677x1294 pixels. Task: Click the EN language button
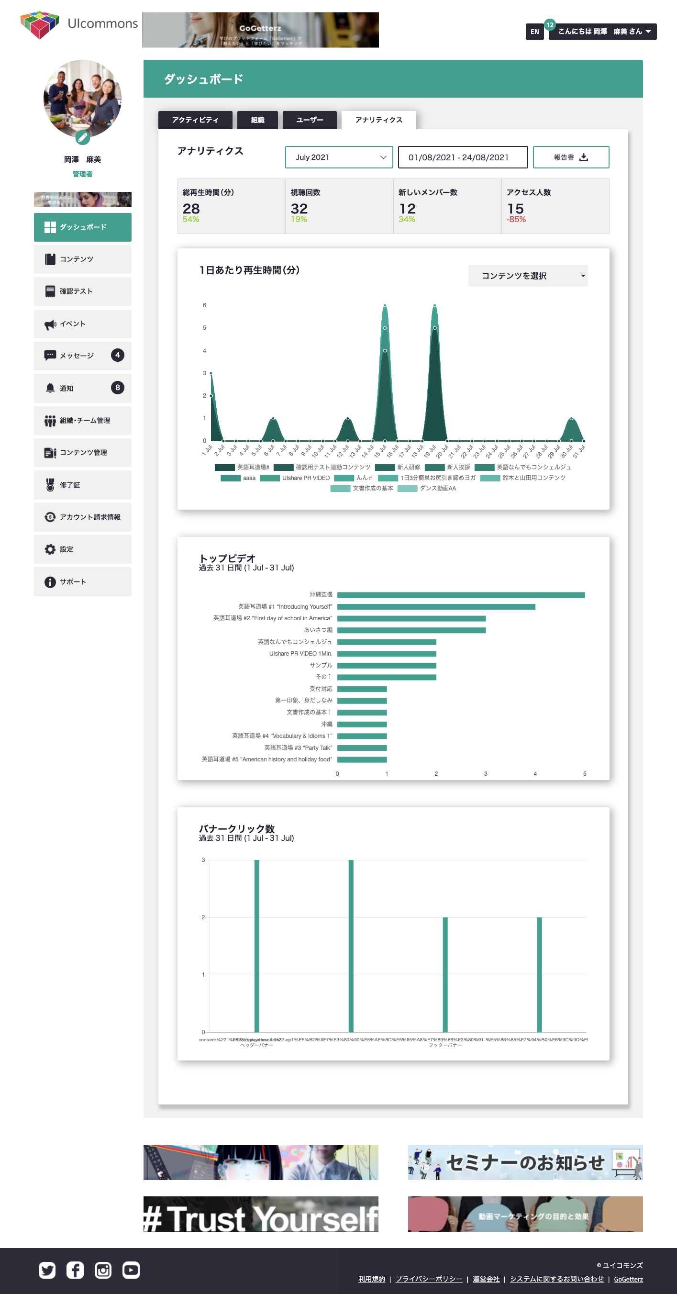click(534, 32)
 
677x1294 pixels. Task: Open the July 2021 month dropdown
click(339, 157)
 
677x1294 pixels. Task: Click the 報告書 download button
click(570, 157)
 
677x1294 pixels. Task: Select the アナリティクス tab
click(378, 120)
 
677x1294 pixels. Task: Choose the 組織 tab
click(257, 120)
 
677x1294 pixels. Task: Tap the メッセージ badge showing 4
click(118, 355)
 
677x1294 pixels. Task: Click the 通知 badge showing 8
click(118, 388)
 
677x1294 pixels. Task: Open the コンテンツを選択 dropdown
click(527, 276)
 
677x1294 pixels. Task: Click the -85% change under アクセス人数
click(516, 220)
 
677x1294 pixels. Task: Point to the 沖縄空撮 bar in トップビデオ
click(461, 595)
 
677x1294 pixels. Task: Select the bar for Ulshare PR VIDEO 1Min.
click(386, 654)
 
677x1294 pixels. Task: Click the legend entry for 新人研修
click(408, 468)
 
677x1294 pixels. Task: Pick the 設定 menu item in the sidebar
click(83, 549)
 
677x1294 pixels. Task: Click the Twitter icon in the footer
click(47, 1271)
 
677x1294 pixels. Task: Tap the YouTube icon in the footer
click(131, 1271)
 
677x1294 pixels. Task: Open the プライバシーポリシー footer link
click(429, 1279)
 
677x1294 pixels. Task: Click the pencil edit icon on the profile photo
click(82, 137)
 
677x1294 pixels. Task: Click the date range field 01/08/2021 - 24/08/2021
click(463, 157)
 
